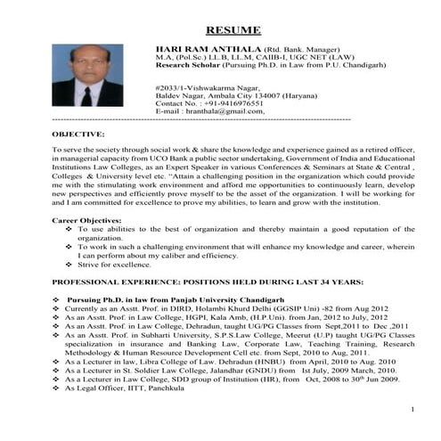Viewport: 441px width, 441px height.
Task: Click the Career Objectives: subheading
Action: coord(86,218)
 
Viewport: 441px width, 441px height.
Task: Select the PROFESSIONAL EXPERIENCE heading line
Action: coord(208,281)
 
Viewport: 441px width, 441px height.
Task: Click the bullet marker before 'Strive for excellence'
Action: coord(69,265)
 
